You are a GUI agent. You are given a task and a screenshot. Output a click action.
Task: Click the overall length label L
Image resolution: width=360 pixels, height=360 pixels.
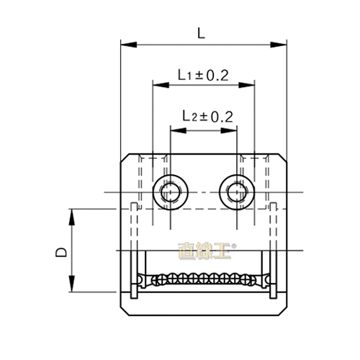pyautogui.click(x=201, y=32)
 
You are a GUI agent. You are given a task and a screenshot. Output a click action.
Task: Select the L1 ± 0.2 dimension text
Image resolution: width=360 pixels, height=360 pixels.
pyautogui.click(x=204, y=74)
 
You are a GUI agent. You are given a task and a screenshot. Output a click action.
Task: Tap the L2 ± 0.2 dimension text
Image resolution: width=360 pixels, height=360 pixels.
pyautogui.click(x=207, y=115)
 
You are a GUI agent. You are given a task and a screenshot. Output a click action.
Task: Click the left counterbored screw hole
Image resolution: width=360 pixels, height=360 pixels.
pyautogui.click(x=171, y=192)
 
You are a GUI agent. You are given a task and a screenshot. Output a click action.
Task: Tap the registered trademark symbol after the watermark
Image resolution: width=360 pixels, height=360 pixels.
pyautogui.click(x=230, y=245)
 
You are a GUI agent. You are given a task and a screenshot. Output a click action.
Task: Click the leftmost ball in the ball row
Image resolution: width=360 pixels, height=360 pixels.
pyautogui.click(x=149, y=279)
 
